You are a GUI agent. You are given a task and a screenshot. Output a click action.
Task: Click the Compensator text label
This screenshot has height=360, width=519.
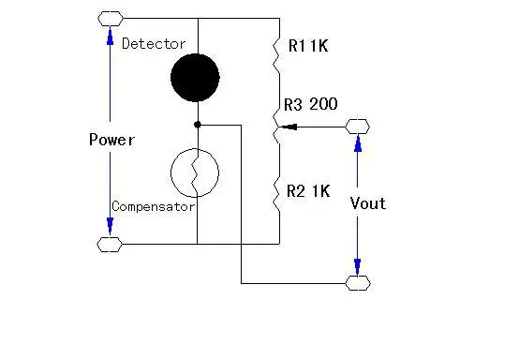(153, 206)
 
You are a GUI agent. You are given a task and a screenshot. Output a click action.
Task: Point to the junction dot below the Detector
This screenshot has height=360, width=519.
(196, 124)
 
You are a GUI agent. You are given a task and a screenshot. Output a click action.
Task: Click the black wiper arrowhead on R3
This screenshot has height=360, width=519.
(289, 127)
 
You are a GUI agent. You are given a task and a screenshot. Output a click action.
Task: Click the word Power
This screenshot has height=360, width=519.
(111, 140)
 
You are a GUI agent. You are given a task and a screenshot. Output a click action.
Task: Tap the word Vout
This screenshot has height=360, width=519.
(367, 203)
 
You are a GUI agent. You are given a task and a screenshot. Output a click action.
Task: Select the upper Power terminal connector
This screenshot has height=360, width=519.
(110, 17)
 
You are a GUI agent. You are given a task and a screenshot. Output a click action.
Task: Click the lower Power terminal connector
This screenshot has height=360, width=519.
(110, 245)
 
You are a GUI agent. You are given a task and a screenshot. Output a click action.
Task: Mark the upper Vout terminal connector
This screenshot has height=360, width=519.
(357, 127)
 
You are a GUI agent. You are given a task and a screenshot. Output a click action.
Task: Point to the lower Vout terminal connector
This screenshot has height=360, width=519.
(357, 282)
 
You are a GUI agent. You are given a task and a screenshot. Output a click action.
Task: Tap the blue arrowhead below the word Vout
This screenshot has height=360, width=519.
(357, 266)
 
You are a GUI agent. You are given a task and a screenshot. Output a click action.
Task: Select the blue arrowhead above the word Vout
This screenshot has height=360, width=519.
(357, 142)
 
